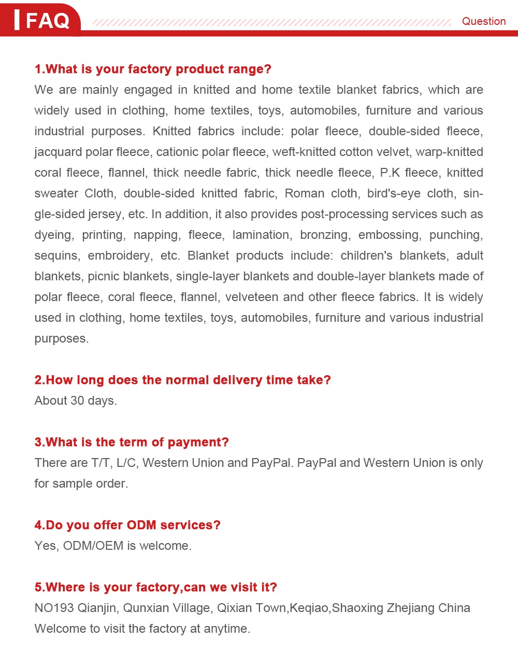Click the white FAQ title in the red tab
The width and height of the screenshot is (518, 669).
47,21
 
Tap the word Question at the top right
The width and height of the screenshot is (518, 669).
483,21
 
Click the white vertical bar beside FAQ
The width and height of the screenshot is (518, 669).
17,20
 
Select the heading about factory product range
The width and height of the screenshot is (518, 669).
153,69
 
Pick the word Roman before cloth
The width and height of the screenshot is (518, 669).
304,193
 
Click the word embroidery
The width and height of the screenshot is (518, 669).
120,255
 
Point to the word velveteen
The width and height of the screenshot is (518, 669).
251,297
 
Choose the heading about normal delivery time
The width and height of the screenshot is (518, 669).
182,380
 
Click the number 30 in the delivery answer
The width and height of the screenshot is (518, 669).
77,401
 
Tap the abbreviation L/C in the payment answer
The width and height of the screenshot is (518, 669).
127,463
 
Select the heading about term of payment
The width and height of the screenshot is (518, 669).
132,442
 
